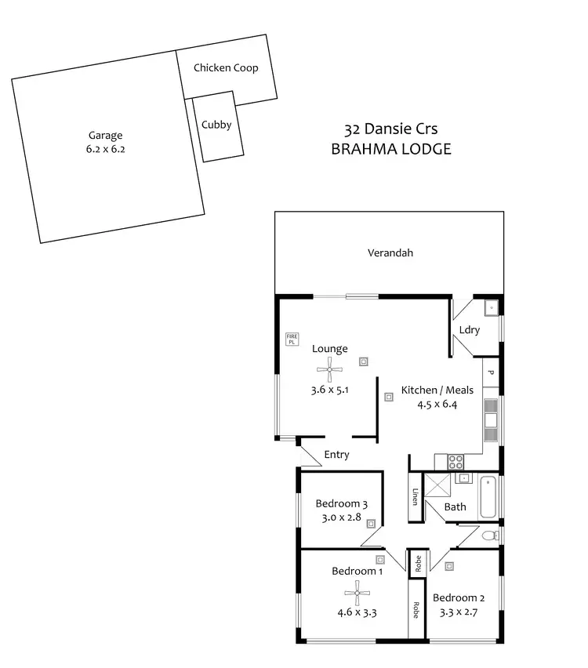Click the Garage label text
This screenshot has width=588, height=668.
click(x=105, y=135)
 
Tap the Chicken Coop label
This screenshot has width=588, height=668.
click(x=226, y=68)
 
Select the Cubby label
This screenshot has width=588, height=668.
click(x=216, y=125)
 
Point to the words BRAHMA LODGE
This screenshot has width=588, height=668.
click(x=390, y=149)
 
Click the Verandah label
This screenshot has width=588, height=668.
click(x=390, y=253)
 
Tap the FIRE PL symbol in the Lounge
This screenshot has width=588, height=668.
click(x=292, y=339)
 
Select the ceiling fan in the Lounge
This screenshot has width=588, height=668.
click(x=329, y=368)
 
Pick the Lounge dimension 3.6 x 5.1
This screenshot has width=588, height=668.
click(x=329, y=389)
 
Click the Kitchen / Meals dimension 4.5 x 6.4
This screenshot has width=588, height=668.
click(x=437, y=405)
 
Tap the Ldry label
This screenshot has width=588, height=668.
click(x=470, y=330)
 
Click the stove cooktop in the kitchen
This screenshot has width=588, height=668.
click(x=456, y=462)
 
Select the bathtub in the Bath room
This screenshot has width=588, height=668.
click(x=488, y=497)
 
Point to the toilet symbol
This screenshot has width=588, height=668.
click(x=489, y=536)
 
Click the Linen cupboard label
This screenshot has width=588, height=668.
click(x=416, y=497)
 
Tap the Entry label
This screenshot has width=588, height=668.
click(x=336, y=455)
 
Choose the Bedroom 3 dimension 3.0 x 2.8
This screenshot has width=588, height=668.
click(x=341, y=517)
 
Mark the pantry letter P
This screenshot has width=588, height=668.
click(x=491, y=373)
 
